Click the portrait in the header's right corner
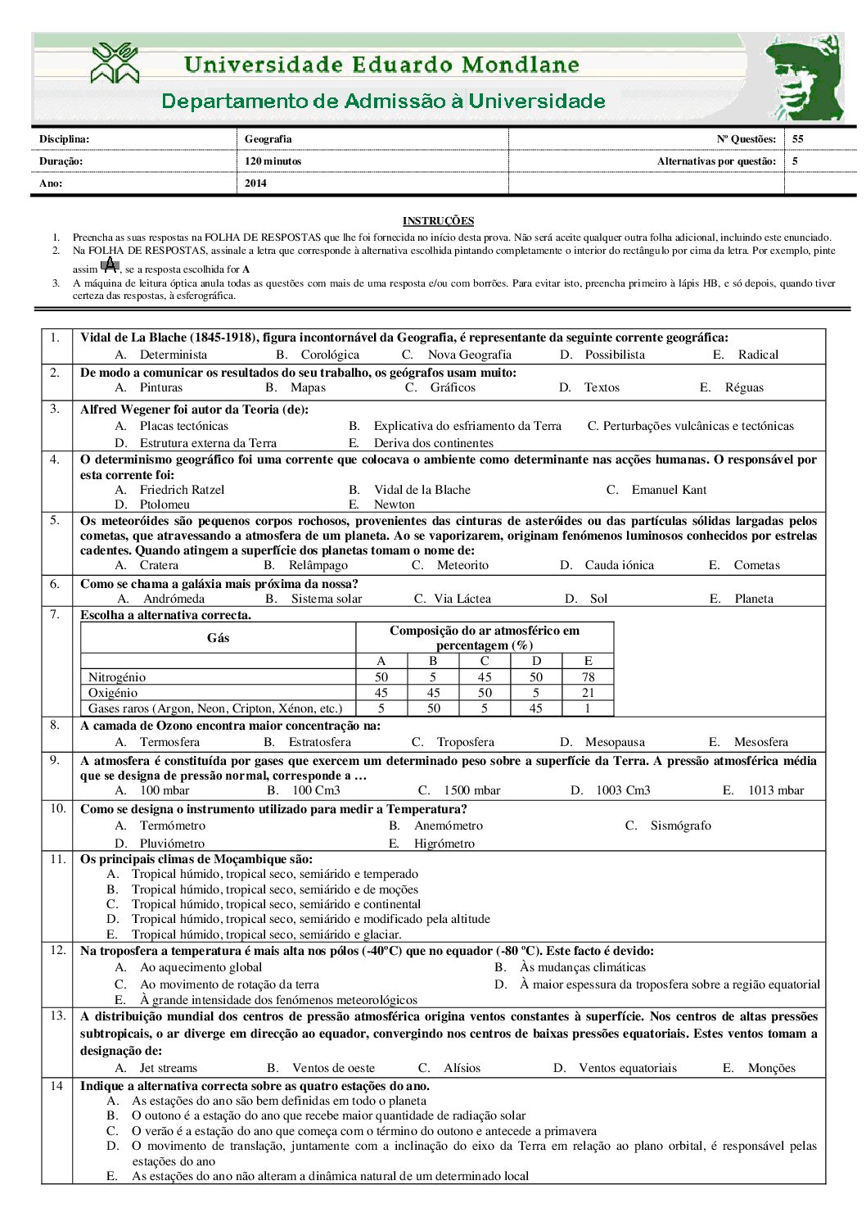click(x=804, y=79)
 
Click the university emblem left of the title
click(x=115, y=64)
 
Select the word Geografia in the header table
click(x=268, y=139)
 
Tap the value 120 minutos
click(x=273, y=161)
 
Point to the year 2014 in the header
click(x=255, y=183)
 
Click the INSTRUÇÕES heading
click(x=438, y=221)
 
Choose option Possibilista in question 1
click(x=614, y=355)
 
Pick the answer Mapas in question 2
click(x=308, y=387)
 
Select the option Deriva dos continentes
click(x=434, y=443)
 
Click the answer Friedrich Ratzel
click(x=182, y=490)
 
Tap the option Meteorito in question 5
click(x=462, y=565)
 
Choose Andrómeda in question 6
click(x=174, y=599)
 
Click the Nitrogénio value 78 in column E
click(x=588, y=677)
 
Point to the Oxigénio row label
click(x=113, y=693)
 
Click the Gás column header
click(x=218, y=638)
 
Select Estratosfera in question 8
click(x=319, y=742)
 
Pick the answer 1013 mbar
click(x=775, y=790)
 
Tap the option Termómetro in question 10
click(x=173, y=826)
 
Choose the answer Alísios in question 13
click(x=462, y=1068)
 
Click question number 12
click(x=57, y=950)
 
